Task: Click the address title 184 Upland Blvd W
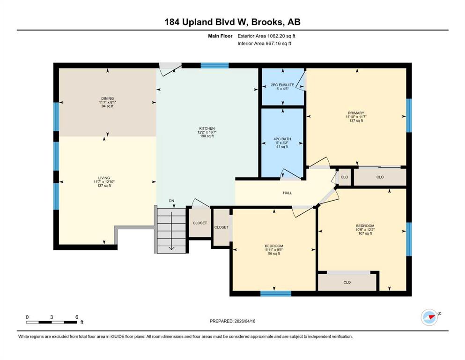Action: [x=207, y=22]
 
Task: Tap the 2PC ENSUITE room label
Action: [x=283, y=85]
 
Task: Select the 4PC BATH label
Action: [x=282, y=139]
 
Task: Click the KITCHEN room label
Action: [x=207, y=128]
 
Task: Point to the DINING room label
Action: [x=107, y=98]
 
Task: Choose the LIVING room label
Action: [x=104, y=178]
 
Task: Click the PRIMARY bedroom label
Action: [x=356, y=113]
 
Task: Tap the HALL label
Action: [x=288, y=193]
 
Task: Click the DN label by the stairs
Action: [x=171, y=201]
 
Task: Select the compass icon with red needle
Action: [x=429, y=317]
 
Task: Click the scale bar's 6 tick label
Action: [x=77, y=317]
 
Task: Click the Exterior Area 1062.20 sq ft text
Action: [x=266, y=36]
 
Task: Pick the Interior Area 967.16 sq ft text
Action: [x=264, y=43]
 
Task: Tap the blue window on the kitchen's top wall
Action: [x=215, y=66]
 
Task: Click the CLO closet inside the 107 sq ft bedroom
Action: [x=347, y=282]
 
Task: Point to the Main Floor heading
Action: [x=220, y=36]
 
